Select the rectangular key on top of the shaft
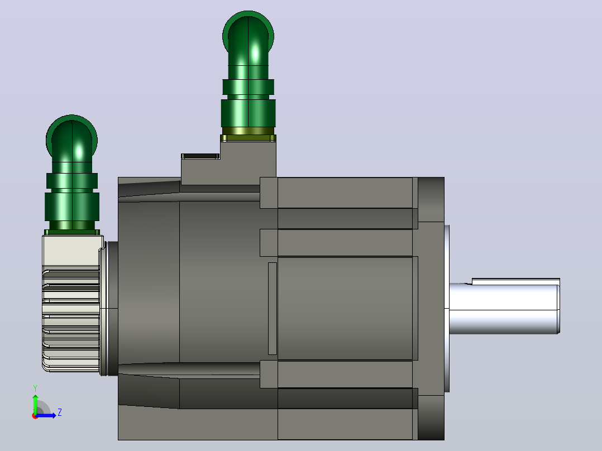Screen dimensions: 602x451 pos(515,282)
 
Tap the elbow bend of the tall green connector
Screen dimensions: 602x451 pos(248,34)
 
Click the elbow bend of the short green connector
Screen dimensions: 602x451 pos(72,138)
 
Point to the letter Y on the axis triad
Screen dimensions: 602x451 pos(35,388)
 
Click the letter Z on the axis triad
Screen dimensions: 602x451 pos(60,412)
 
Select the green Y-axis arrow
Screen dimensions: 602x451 pos(35,404)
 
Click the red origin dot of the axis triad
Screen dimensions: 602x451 pos(35,416)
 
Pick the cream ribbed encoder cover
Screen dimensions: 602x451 pos(71,303)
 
